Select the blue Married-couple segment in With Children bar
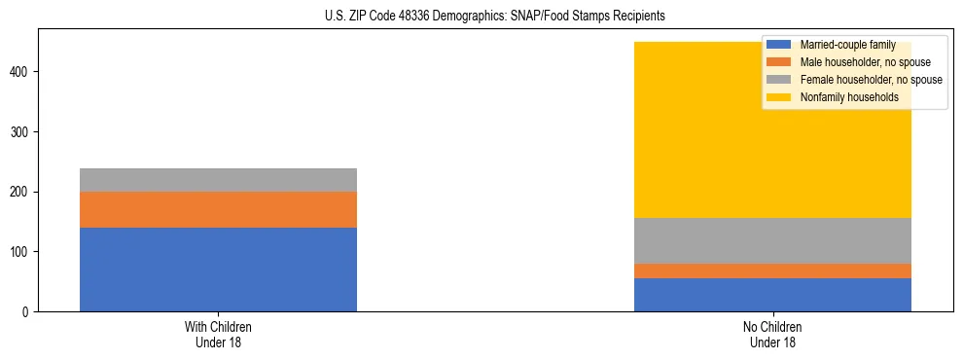click(218, 270)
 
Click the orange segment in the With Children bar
click(218, 209)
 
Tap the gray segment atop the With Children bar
click(218, 180)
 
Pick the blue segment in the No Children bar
click(772, 295)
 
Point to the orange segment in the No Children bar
click(772, 270)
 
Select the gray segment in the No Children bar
click(772, 240)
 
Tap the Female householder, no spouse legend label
click(871, 80)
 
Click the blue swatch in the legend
click(779, 45)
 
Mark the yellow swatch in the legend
click(779, 97)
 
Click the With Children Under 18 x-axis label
click(218, 334)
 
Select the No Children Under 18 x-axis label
click(772, 334)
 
